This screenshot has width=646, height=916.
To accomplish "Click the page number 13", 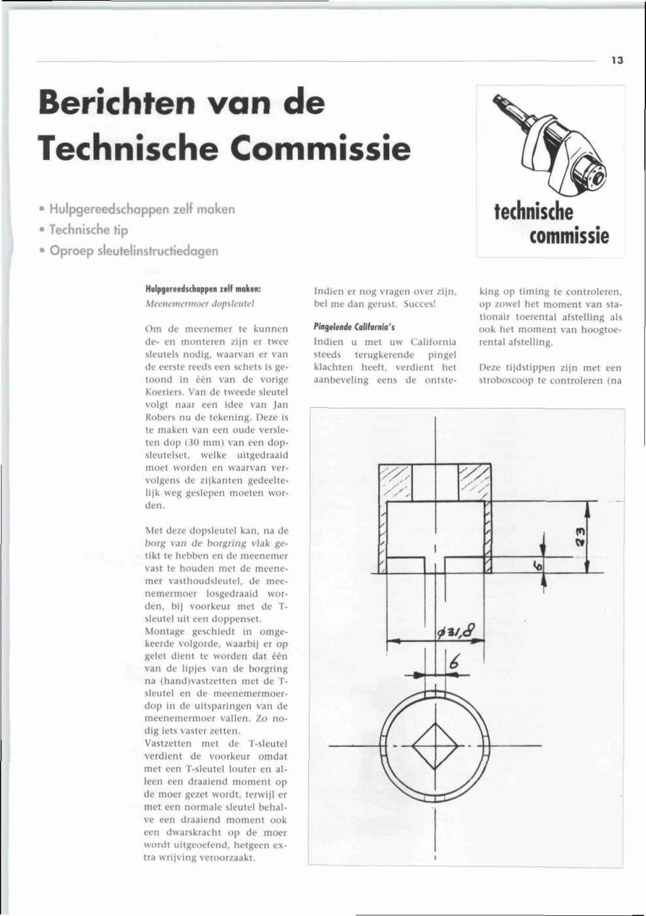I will (617, 60).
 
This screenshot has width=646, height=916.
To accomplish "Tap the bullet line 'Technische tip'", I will (88, 230).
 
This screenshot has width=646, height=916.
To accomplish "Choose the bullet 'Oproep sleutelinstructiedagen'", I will (133, 251).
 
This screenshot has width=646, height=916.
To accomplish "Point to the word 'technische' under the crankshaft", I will (533, 211).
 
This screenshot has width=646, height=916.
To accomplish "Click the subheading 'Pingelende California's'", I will (354, 327).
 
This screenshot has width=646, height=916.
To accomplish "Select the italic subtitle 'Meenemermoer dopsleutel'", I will (199, 303).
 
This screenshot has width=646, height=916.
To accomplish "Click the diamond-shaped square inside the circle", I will (434, 745).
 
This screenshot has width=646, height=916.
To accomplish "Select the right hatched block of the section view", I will (474, 483).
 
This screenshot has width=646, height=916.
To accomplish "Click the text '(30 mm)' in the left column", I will (190, 442).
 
